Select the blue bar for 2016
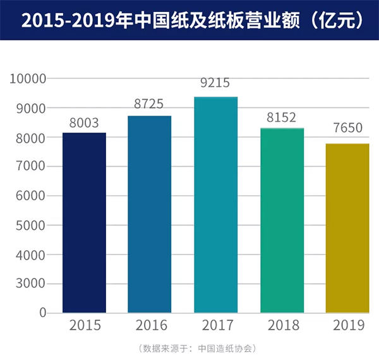pyautogui.click(x=150, y=214)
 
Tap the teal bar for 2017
pyautogui.click(x=215, y=205)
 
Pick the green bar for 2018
pyautogui.click(x=282, y=220)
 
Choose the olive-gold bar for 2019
pyautogui.click(x=347, y=228)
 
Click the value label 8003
pyautogui.click(x=84, y=123)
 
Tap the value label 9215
pyautogui.click(x=215, y=83)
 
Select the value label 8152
pyautogui.click(x=282, y=117)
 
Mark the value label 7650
pyautogui.click(x=347, y=128)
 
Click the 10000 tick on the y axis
pyautogui.click(x=28, y=79)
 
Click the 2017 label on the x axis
pyautogui.click(x=215, y=327)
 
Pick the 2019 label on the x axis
pyautogui.click(x=347, y=327)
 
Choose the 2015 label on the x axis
pyautogui.click(x=84, y=327)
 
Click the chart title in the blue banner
pyautogui.click(x=189, y=20)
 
